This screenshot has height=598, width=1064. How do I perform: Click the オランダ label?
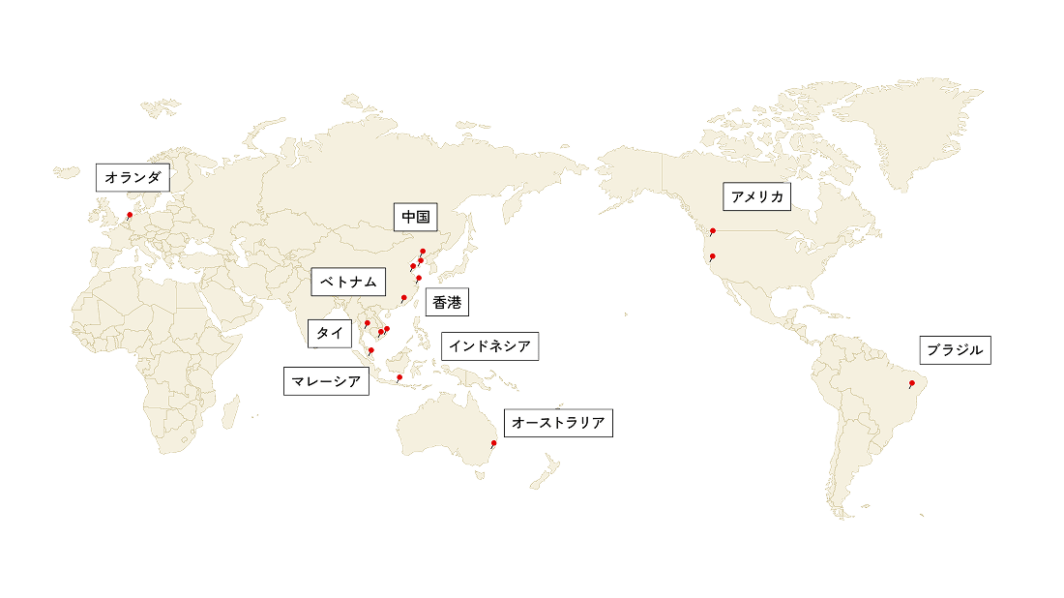(133, 178)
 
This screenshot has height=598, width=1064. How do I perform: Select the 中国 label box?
(415, 218)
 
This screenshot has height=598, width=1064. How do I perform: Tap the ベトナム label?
(348, 283)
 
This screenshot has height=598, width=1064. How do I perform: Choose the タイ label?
(330, 333)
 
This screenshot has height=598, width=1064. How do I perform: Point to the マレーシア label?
(327, 382)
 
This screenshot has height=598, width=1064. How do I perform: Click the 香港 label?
(446, 303)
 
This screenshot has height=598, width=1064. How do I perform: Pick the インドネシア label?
(489, 346)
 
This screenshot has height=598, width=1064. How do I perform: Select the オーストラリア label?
(558, 424)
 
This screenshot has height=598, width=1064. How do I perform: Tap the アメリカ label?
(757, 197)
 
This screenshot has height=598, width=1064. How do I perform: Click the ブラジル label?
(955, 350)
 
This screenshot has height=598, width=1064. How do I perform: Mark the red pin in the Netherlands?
(130, 214)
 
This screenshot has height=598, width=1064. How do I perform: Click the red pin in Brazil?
(911, 384)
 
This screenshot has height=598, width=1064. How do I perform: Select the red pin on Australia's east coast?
(495, 443)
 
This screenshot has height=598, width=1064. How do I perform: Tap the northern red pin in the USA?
(713, 230)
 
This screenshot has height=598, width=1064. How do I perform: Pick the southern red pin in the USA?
(713, 256)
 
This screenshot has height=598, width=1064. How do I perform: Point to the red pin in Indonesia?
(399, 376)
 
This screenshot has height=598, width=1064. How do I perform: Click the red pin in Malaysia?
(371, 350)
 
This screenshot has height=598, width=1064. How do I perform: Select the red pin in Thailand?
(368, 323)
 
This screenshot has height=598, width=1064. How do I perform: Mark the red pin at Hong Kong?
(403, 297)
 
